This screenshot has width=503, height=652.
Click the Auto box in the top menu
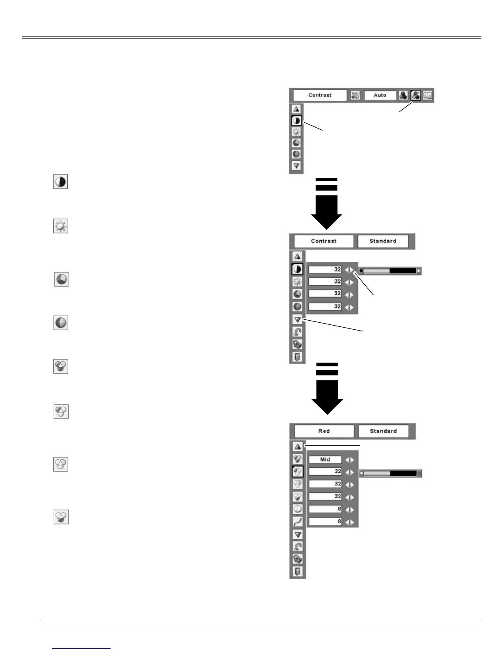pos(380,95)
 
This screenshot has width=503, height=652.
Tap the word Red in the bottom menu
pos(324,431)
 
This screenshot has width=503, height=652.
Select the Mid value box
pos(325,459)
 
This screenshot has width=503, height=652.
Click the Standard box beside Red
pos(383,431)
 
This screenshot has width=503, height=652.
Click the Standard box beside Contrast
pos(383,241)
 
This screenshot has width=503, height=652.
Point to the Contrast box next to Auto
pos(320,95)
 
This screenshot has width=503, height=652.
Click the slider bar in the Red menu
pos(390,473)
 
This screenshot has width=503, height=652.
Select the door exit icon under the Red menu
pos(298,571)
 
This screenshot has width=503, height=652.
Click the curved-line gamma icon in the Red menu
pos(298,522)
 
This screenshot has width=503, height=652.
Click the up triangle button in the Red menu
pos(298,447)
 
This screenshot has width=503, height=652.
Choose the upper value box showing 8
pos(325,509)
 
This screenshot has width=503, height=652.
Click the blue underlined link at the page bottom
pos(82,648)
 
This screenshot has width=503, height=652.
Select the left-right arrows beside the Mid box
pos(350,460)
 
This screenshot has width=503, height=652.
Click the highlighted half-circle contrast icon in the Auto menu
pos(296,121)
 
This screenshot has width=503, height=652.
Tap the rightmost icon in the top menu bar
pos(428,95)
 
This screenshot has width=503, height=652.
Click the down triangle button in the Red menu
pos(298,535)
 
